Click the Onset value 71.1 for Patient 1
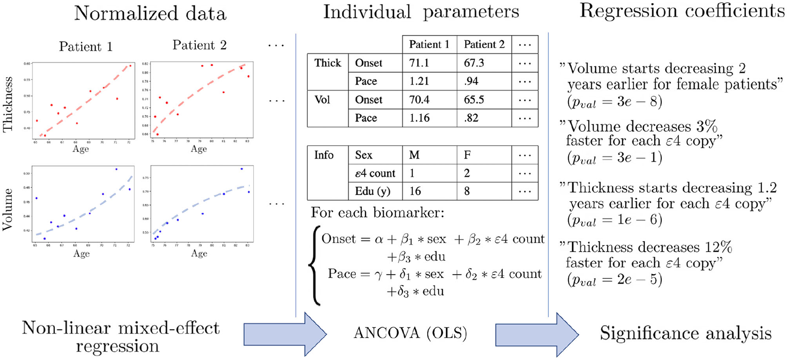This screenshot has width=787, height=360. tap(419, 63)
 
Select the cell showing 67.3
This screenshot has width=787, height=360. tap(474, 63)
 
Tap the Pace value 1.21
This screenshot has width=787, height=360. tap(419, 81)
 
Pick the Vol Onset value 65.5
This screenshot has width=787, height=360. tap(474, 99)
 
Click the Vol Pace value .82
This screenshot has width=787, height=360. tap(472, 118)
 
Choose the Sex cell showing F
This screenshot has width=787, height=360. tap(467, 155)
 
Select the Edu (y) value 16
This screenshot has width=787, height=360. tap(415, 191)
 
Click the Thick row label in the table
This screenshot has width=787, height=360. tap(328, 63)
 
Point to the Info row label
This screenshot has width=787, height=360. tap(324, 155)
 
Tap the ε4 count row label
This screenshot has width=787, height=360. tap(375, 173)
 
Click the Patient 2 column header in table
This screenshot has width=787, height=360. tap(484, 44)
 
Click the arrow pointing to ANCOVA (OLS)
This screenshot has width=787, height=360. tap(284, 334)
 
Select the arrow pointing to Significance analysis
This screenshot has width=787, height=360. tap(537, 334)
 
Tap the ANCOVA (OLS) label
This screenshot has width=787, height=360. tap(410, 333)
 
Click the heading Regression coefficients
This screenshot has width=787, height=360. tap(682, 11)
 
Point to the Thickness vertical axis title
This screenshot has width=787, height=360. tap(8, 104)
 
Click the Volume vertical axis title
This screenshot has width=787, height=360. tap(8, 209)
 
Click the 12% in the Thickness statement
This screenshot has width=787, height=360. tap(718, 247)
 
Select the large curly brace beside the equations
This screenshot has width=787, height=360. tap(314, 265)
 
